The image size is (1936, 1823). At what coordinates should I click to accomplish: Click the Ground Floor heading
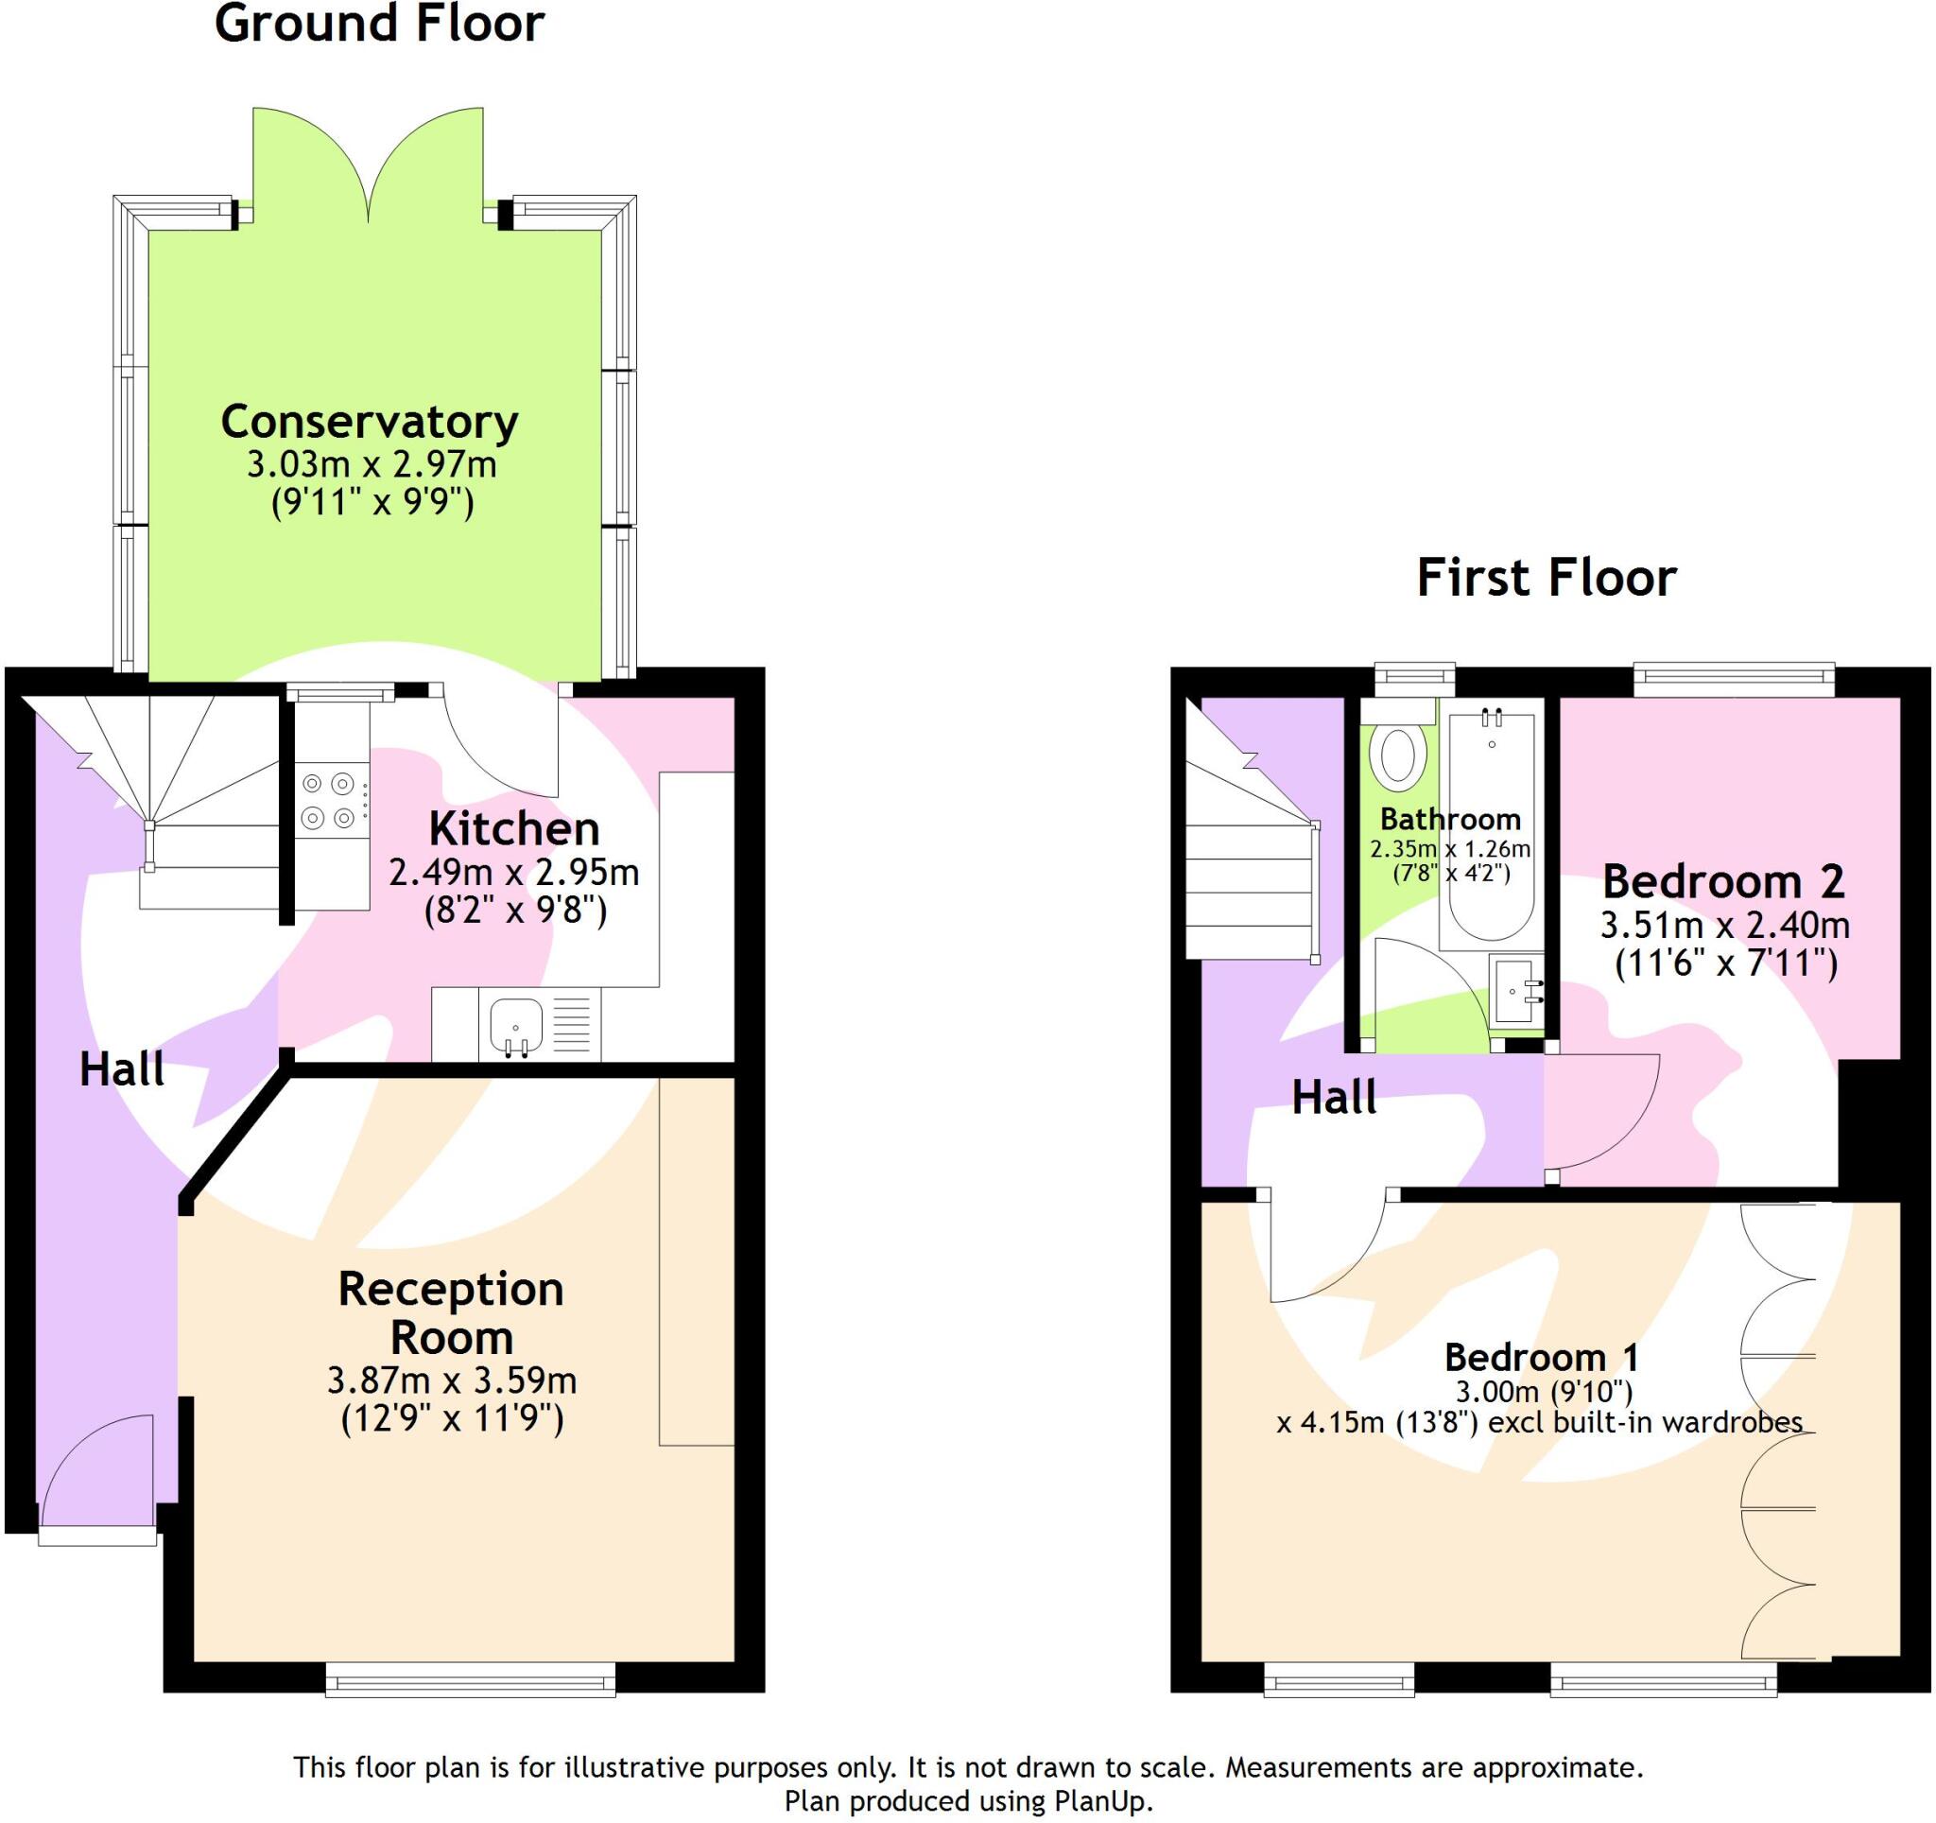tap(379, 24)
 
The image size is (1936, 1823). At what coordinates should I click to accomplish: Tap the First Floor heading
tap(1546, 578)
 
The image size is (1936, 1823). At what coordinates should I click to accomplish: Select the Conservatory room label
tap(369, 422)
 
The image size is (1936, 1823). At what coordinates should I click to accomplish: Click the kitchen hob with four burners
tap(328, 801)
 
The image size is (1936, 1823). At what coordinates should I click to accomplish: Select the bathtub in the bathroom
tap(1491, 827)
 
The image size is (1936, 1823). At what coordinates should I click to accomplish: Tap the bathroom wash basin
tap(1516, 991)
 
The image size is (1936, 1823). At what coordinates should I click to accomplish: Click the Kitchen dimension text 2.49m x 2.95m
tap(513, 873)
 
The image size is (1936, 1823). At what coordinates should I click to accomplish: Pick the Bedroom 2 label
tap(1722, 882)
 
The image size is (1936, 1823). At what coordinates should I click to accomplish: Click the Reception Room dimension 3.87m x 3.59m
tap(452, 1380)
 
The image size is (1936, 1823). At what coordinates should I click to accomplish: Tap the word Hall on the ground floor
tap(122, 1069)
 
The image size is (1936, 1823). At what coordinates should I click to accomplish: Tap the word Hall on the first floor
tap(1333, 1098)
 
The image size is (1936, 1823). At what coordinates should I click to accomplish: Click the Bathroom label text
tap(1449, 819)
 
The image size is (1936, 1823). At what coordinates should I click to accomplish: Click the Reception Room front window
tap(471, 1680)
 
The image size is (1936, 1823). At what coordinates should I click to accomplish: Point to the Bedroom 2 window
tap(1733, 680)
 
